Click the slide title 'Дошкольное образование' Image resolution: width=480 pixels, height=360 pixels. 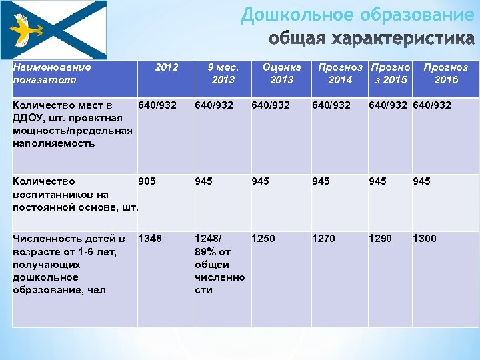tap(357, 15)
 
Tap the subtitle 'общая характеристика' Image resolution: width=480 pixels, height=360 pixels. tap(372, 39)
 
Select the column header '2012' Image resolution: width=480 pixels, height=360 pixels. tap(166, 67)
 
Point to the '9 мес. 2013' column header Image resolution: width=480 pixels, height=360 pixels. tap(223, 73)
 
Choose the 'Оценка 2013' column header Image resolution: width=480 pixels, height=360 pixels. tap(282, 73)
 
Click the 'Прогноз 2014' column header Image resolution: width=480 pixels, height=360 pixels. tap(341, 73)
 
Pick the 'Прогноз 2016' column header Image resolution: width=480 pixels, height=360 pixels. tap(445, 73)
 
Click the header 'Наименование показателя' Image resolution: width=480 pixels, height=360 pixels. tap(52, 73)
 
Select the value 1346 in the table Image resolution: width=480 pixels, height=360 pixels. tap(150, 239)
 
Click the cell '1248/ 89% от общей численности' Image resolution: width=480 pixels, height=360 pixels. tap(219, 264)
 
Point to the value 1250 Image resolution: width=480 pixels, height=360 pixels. tap(263, 239)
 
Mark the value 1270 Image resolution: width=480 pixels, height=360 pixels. tap(323, 239)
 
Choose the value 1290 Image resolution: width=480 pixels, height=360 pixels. tap(381, 239)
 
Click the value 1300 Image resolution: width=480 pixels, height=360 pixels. tap(425, 239)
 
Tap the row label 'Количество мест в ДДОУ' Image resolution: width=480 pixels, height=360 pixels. tap(63, 124)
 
